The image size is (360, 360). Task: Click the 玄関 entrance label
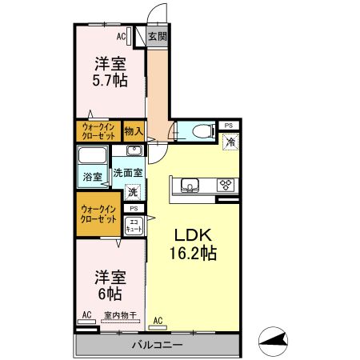coord(158,36)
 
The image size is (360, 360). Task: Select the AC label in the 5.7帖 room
coord(122,36)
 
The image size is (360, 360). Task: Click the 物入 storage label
coord(134,131)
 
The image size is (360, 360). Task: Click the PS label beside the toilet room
coord(228,126)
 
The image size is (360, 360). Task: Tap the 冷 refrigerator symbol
coord(230,142)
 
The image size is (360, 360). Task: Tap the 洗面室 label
coord(127,171)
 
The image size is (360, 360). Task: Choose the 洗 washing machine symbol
coord(134,192)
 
